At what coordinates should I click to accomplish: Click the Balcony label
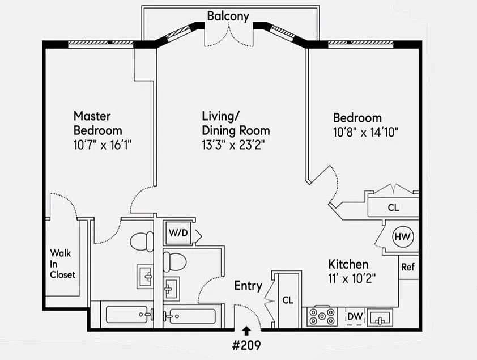[x=228, y=16]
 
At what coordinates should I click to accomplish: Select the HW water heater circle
[x=403, y=236]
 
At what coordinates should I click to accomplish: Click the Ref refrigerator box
[x=408, y=267]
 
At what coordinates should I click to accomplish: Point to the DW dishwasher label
[x=355, y=316]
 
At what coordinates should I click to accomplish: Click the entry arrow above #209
[x=247, y=330]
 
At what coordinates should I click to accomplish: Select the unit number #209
[x=247, y=344]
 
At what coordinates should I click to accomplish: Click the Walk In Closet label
[x=62, y=264]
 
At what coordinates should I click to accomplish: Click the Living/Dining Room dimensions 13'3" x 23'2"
[x=234, y=145]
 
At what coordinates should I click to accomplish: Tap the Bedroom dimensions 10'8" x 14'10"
[x=366, y=133]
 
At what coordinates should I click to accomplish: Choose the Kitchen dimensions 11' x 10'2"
[x=352, y=278]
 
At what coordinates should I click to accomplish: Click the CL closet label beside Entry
[x=287, y=300]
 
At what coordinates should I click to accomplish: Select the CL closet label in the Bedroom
[x=393, y=207]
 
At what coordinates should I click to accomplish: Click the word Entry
[x=248, y=286]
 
